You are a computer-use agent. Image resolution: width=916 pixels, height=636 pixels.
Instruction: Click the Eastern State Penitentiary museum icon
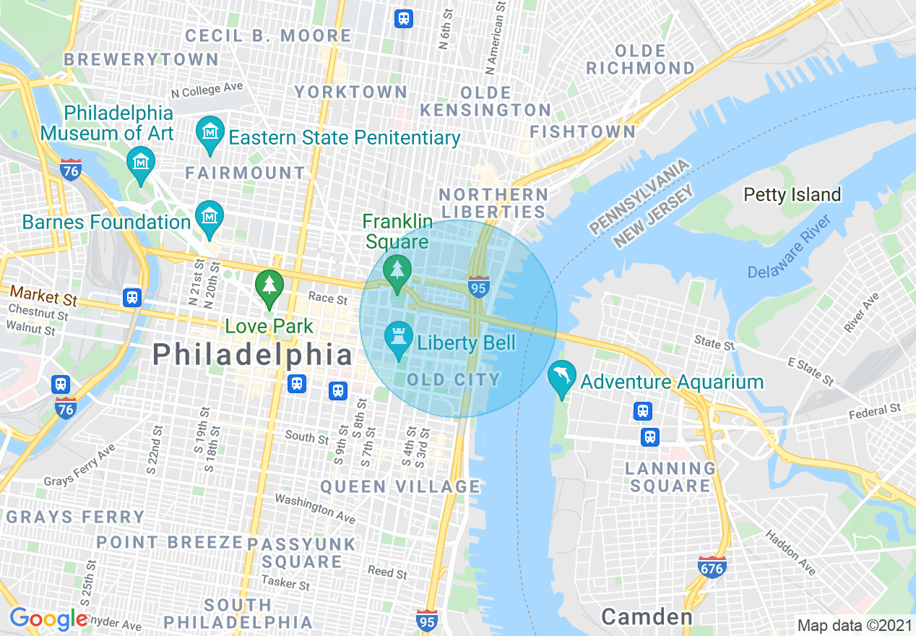click(x=210, y=134)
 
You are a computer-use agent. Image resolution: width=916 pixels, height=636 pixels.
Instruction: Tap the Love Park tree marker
click(x=269, y=285)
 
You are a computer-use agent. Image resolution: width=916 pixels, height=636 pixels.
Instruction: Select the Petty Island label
click(x=792, y=194)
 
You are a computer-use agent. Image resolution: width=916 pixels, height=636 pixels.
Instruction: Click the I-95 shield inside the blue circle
click(x=478, y=286)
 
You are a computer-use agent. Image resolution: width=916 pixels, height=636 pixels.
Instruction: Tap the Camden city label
click(x=647, y=616)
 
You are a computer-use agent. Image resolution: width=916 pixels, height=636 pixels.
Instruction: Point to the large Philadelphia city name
click(x=253, y=355)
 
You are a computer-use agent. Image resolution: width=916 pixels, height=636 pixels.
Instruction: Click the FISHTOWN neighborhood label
click(x=582, y=132)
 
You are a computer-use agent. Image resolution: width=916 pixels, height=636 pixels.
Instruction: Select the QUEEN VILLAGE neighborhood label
click(x=400, y=486)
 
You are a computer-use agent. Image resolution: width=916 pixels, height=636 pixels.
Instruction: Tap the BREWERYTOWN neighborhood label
click(x=141, y=59)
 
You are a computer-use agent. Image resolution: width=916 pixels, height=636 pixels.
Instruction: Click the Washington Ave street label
click(x=316, y=508)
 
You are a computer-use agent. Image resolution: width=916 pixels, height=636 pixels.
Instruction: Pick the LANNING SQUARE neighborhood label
click(x=671, y=477)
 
